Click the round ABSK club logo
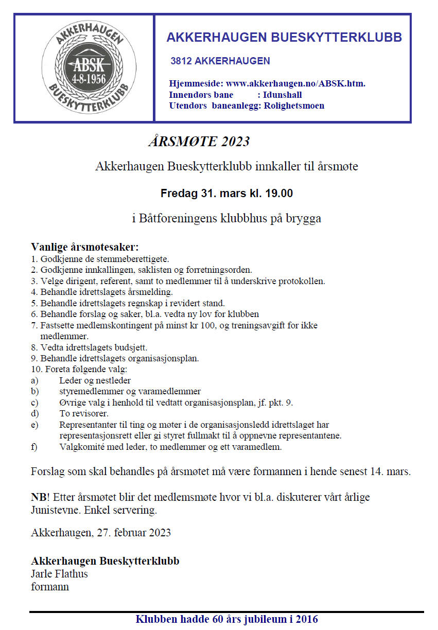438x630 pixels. [x=84, y=67]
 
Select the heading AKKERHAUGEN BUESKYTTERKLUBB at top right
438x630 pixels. [x=284, y=38]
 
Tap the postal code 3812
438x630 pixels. [x=181, y=61]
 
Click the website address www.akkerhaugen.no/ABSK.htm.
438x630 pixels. [x=296, y=83]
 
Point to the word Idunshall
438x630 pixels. [x=283, y=95]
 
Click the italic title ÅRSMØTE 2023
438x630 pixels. [x=199, y=142]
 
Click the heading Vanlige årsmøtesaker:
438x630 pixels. [x=85, y=247]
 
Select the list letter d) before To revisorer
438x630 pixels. [x=34, y=413]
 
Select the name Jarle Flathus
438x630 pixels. [x=60, y=573]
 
